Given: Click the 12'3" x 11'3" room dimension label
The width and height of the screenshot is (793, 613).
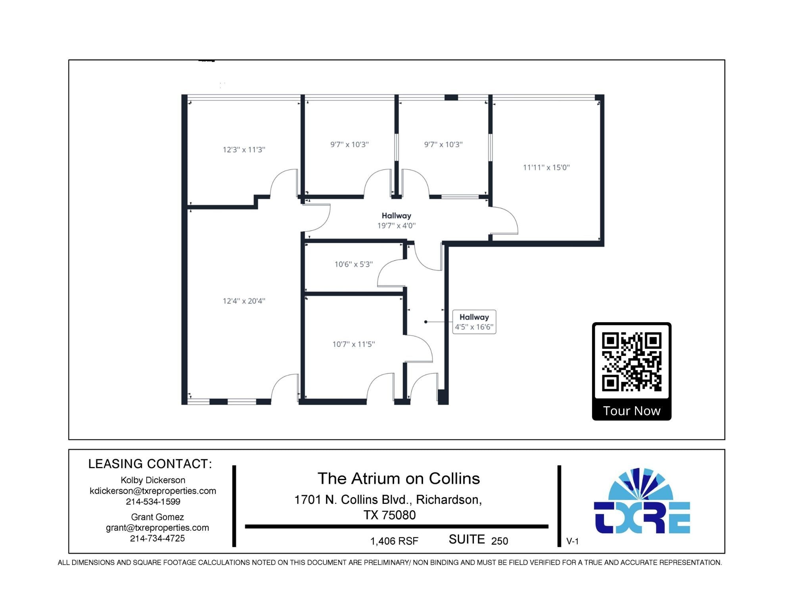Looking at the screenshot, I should coord(244,150).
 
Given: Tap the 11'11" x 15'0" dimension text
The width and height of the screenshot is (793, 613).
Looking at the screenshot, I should coord(546,167).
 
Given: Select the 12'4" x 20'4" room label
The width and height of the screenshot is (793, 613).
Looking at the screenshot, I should coord(244,301).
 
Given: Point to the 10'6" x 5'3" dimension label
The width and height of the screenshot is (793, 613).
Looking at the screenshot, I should coord(353,264).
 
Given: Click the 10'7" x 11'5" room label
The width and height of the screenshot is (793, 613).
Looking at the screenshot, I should coord(353,344).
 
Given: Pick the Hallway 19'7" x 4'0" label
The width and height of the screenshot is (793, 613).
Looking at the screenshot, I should coord(396,221).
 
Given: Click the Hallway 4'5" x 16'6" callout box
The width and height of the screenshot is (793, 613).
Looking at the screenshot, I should coord(474,322).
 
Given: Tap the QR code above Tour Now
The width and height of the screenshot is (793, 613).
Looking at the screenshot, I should coord(631,361).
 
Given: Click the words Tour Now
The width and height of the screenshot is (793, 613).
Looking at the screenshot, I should coord(631,411).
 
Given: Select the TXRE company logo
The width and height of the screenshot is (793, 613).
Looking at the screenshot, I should coord(642,502).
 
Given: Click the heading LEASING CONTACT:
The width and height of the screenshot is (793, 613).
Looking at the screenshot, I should coord(150,464).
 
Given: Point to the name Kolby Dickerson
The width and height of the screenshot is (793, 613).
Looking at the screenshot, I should coord(153,480).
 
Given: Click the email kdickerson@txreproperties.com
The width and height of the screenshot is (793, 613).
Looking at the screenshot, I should coord(153,491).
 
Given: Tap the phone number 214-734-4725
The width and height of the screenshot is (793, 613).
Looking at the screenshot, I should coord(157,538).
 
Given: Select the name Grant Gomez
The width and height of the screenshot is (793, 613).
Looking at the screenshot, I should coord(157,517).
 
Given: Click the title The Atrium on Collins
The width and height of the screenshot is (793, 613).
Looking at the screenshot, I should coord(398,478).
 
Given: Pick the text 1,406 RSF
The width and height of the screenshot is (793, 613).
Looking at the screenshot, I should coord(394,541).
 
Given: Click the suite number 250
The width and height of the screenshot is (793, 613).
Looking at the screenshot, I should coord(500,541).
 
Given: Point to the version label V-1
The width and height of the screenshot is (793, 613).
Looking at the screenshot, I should coord(572,541).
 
